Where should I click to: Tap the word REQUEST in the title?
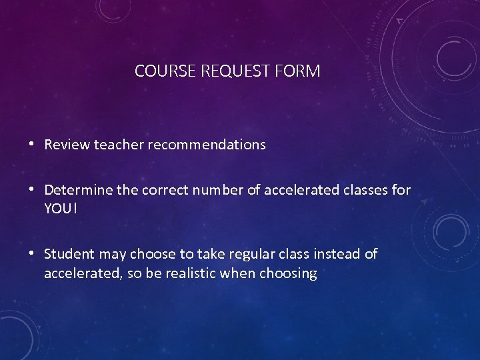(x=230, y=71)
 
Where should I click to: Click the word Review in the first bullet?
(x=65, y=145)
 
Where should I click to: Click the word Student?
(x=69, y=254)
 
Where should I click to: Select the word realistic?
(x=189, y=274)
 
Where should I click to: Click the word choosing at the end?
(x=289, y=274)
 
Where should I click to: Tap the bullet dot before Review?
(x=33, y=143)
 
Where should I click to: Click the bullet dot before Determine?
(x=33, y=190)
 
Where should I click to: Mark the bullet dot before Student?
(x=33, y=253)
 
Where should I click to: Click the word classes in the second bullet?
(x=366, y=191)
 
